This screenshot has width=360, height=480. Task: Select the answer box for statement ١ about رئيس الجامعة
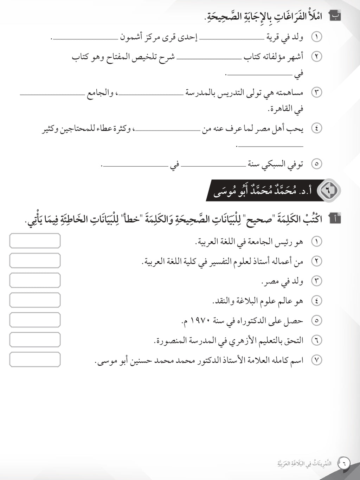pos(35,241)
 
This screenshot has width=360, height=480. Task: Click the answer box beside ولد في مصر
pos(35,281)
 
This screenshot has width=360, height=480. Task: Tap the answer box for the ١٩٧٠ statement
pos(35,320)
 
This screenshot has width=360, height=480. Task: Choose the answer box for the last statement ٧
pos(35,359)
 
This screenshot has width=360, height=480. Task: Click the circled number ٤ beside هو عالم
pos(317,301)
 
